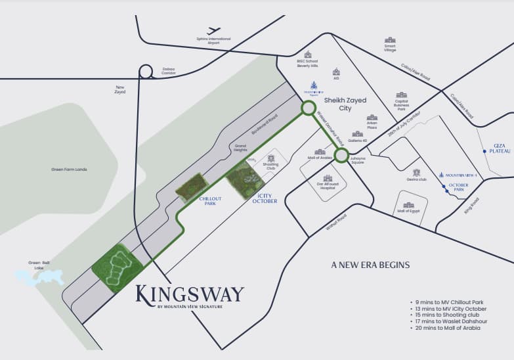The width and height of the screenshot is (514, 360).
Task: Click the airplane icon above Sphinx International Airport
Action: (x=213, y=30)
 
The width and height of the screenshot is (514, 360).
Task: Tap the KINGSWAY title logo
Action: (x=189, y=294)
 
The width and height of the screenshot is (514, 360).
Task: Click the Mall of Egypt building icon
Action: (x=408, y=205)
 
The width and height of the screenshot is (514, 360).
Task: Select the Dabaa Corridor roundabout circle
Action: (x=146, y=72)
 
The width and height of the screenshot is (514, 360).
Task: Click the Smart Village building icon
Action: (x=390, y=41)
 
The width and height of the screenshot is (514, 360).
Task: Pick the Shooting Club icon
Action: (x=270, y=158)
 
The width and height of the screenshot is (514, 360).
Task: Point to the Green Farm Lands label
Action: (x=69, y=169)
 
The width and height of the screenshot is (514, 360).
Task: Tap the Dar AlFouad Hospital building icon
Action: (x=327, y=178)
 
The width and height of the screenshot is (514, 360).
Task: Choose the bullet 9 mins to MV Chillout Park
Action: (x=448, y=302)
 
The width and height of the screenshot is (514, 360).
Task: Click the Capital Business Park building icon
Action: (x=401, y=96)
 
